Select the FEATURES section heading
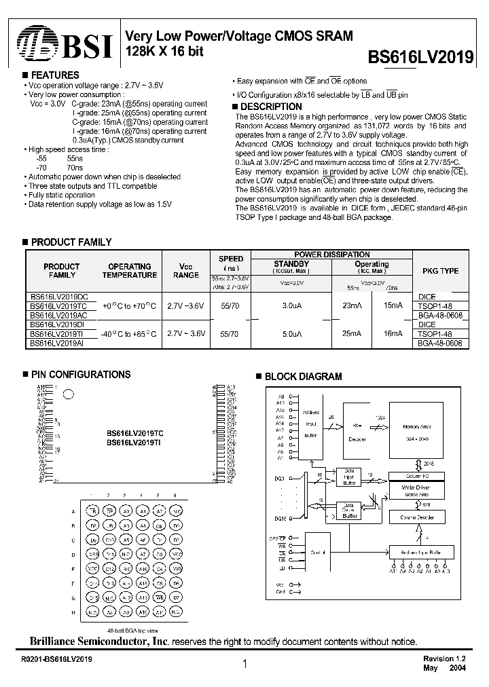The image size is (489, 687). (x=55, y=75)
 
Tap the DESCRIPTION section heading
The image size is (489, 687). (x=271, y=107)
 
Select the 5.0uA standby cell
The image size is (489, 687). (x=291, y=334)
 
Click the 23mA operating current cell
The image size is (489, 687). (x=352, y=306)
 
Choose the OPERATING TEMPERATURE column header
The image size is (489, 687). (x=129, y=271)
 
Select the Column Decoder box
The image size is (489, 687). (x=421, y=517)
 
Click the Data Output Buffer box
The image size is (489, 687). (x=350, y=511)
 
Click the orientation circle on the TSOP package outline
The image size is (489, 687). (x=68, y=393)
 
